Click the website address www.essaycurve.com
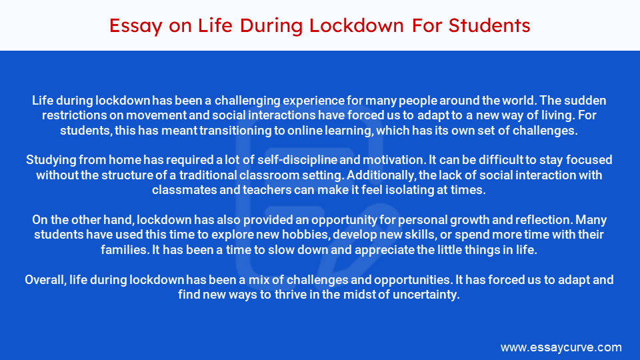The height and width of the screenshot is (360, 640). click(561, 347)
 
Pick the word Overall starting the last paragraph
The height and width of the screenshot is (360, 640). click(45, 279)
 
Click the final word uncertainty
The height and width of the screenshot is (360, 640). click(425, 294)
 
